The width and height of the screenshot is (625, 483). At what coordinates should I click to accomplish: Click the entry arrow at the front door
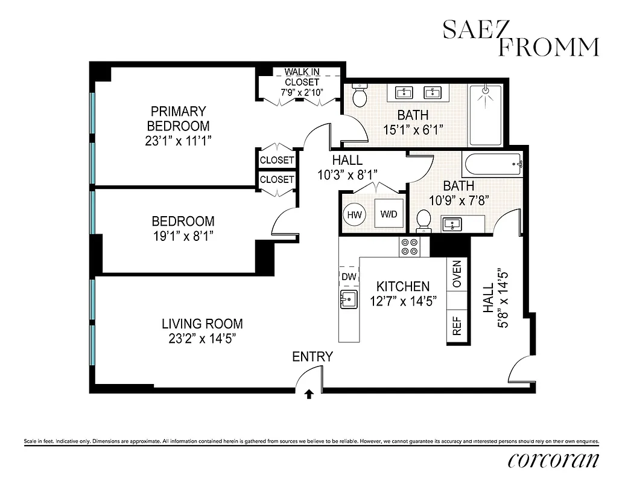pos(309,394)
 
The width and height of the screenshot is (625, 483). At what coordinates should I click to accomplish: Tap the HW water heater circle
pos(354,214)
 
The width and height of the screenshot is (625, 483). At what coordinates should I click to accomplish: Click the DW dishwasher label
pos(349,276)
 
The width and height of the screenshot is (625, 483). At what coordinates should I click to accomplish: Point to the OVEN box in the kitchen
pos(456,275)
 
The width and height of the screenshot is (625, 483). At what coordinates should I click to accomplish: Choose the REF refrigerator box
pos(456,326)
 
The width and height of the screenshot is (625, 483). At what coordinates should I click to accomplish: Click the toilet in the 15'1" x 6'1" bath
pos(360,96)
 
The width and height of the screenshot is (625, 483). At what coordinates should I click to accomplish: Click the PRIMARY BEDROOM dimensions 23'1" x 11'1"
pos(179,141)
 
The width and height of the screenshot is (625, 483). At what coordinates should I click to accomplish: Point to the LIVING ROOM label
pos(201,324)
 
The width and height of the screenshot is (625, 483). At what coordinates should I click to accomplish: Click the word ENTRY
pos(312,357)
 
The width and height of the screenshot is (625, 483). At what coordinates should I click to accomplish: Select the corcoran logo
pos(554,460)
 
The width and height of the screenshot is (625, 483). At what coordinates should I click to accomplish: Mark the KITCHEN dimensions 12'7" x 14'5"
pos(402,300)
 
